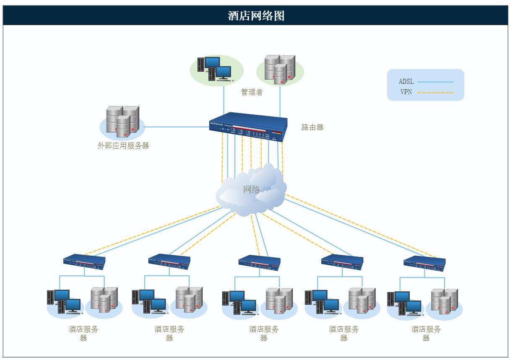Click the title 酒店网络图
[x=256, y=16]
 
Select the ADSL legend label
[x=406, y=82]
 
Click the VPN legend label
[x=406, y=92]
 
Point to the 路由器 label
[x=312, y=127]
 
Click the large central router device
[x=248, y=127]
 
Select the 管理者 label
[x=252, y=92]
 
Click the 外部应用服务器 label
[x=123, y=146]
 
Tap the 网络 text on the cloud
[x=252, y=189]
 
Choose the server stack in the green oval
[x=280, y=69]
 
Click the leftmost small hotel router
[x=84, y=262]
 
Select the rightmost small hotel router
[x=424, y=263]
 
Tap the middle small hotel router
[x=259, y=263]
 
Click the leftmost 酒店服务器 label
[x=83, y=333]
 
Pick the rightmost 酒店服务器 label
[x=426, y=333]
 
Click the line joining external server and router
[x=176, y=127]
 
